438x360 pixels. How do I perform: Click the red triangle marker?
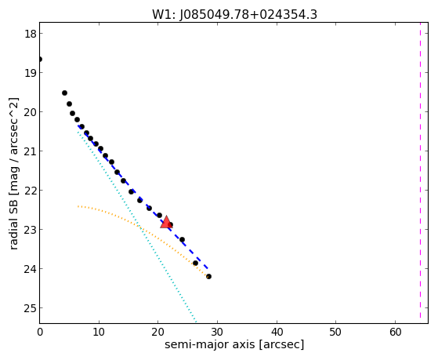click(166, 222)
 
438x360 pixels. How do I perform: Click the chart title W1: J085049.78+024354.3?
click(234, 15)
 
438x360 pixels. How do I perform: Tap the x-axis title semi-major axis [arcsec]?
click(234, 344)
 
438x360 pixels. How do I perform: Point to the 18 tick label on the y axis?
click(31, 34)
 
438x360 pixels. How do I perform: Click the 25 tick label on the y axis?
click(31, 308)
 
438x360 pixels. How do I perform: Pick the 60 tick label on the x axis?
click(395, 332)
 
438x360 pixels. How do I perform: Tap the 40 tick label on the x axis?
click(277, 332)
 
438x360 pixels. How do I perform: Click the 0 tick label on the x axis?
click(40, 332)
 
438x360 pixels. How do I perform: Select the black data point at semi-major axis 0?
click(40, 60)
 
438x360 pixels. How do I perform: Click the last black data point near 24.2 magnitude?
click(208, 276)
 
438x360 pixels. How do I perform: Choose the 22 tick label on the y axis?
click(31, 191)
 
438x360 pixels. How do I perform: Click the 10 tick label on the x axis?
click(99, 332)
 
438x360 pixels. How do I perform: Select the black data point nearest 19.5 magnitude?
click(64, 93)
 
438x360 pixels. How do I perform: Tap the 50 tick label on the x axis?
click(335, 332)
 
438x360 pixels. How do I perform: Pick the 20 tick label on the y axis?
click(31, 112)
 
